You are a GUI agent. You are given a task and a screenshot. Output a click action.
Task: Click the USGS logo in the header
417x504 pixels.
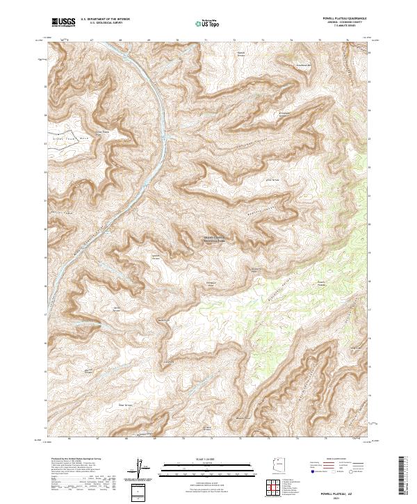63,22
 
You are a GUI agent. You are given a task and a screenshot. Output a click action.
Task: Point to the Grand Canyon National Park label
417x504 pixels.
217,238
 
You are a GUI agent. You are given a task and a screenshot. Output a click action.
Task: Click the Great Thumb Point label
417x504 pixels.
102,132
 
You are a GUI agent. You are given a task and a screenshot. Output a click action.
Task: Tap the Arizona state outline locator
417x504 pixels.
279,467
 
